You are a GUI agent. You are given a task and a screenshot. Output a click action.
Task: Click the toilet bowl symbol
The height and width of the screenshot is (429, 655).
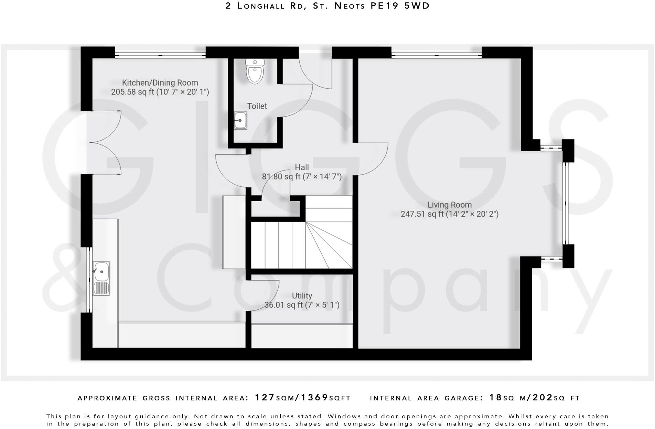pyautogui.click(x=255, y=71)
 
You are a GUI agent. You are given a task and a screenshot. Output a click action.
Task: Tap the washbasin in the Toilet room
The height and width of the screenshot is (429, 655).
pyautogui.click(x=240, y=120)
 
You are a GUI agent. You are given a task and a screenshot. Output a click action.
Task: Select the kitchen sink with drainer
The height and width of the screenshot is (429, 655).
pyautogui.click(x=101, y=278)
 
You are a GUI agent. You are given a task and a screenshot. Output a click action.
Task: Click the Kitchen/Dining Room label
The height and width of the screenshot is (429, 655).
pyautogui.click(x=160, y=83)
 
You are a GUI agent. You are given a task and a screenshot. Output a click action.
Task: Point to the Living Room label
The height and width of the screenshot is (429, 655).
pyautogui.click(x=449, y=205)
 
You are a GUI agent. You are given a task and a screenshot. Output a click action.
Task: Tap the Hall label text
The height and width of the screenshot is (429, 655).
pyautogui.click(x=302, y=167)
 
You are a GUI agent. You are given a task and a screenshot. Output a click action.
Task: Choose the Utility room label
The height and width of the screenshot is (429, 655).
pyautogui.click(x=302, y=296)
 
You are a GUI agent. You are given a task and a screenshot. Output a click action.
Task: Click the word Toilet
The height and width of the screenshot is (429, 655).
pyautogui.click(x=257, y=106)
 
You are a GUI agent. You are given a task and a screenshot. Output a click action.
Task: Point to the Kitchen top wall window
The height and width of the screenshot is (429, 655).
pyautogui.click(x=160, y=55)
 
